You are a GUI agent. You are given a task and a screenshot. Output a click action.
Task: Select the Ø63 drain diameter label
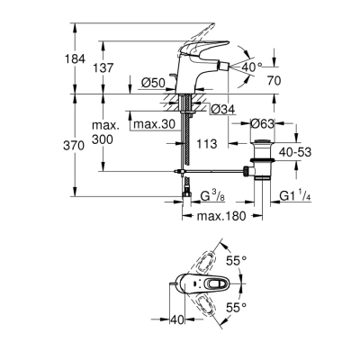(x=262, y=124)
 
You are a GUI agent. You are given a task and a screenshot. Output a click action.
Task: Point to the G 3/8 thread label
(x=212, y=194)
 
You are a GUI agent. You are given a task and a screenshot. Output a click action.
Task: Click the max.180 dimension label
(x=221, y=215)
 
